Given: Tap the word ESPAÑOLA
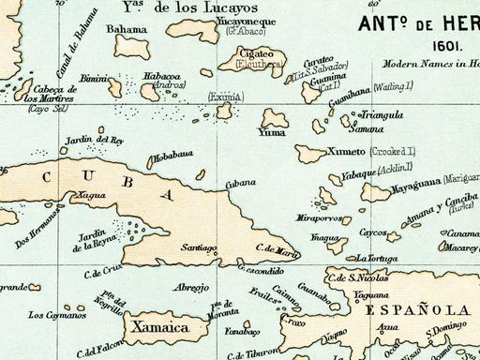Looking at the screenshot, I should (x=416, y=310).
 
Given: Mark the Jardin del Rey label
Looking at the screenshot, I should (x=94, y=141).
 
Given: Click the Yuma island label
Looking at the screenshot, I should (x=270, y=132).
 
